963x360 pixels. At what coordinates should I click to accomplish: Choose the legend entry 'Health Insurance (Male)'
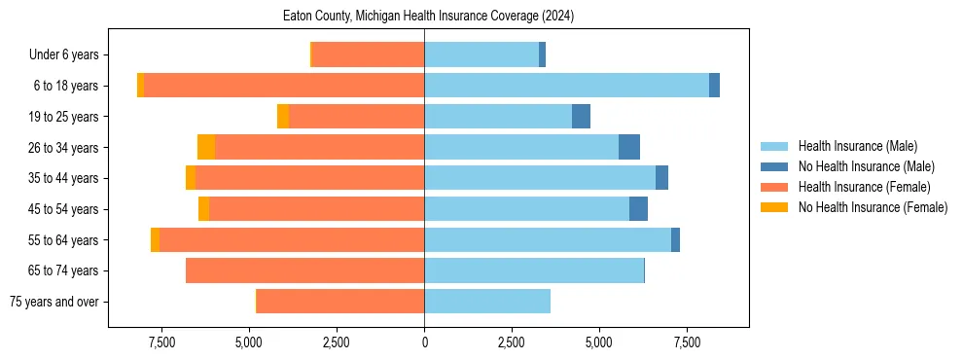pos(857,146)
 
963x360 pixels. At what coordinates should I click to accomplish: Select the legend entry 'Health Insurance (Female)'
pos(864,187)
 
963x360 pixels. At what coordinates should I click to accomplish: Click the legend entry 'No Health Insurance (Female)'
pos(873,207)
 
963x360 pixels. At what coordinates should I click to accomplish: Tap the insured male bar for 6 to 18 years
pos(566,86)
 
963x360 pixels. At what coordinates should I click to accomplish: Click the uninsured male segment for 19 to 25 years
pos(581,117)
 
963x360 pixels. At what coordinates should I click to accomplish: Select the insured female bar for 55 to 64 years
pos(292,240)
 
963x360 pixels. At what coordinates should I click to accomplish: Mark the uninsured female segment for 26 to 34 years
pos(206,147)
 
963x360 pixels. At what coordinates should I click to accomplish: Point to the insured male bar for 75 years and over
pos(487,302)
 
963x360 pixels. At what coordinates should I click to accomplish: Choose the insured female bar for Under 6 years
pos(369,55)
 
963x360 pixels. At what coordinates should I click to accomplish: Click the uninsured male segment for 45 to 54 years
pos(638,209)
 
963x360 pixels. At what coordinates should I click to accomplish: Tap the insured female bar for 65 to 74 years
pos(304,270)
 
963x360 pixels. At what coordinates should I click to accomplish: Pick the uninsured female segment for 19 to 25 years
pos(283,117)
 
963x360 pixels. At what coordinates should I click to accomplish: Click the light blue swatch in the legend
pos(775,146)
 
